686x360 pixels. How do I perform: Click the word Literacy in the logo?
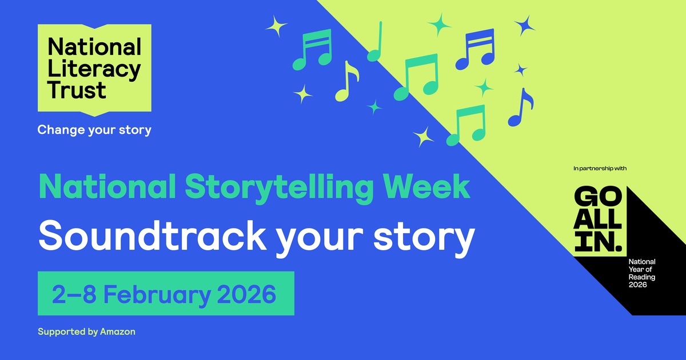(x=94, y=70)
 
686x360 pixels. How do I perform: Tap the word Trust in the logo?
(x=77, y=90)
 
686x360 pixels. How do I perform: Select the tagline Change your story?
(x=94, y=130)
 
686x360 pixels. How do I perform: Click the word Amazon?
(x=117, y=331)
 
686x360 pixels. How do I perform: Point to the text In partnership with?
(x=600, y=169)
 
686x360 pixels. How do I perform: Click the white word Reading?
(x=641, y=277)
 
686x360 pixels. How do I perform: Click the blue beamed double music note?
(x=475, y=48)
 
